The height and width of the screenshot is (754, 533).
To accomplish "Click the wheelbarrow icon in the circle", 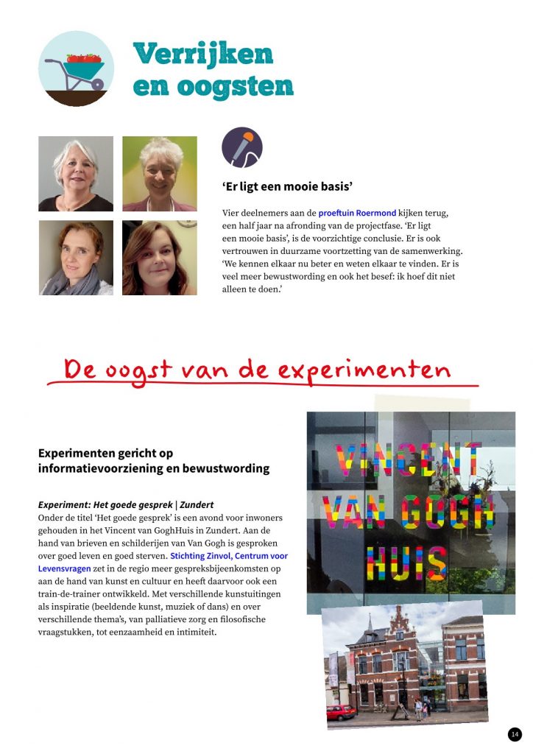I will (x=76, y=69).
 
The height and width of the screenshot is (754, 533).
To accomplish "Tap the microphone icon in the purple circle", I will (x=242, y=147).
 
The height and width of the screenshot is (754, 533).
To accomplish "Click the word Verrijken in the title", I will (x=203, y=54).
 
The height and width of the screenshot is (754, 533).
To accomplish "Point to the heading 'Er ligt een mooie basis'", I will (x=287, y=186).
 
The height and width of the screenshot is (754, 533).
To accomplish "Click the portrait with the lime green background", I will (x=160, y=174).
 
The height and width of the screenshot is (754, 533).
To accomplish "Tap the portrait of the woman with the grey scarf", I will (x=76, y=258).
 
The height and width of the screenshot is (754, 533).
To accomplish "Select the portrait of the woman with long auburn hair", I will (x=160, y=258).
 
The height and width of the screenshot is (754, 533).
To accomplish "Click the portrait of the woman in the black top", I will (x=76, y=174).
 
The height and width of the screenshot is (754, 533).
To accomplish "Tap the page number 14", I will (x=515, y=734).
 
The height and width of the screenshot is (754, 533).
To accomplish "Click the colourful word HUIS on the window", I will (x=406, y=563).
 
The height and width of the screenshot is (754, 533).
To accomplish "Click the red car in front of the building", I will (x=341, y=712).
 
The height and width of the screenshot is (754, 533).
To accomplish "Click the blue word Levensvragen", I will (x=64, y=569).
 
